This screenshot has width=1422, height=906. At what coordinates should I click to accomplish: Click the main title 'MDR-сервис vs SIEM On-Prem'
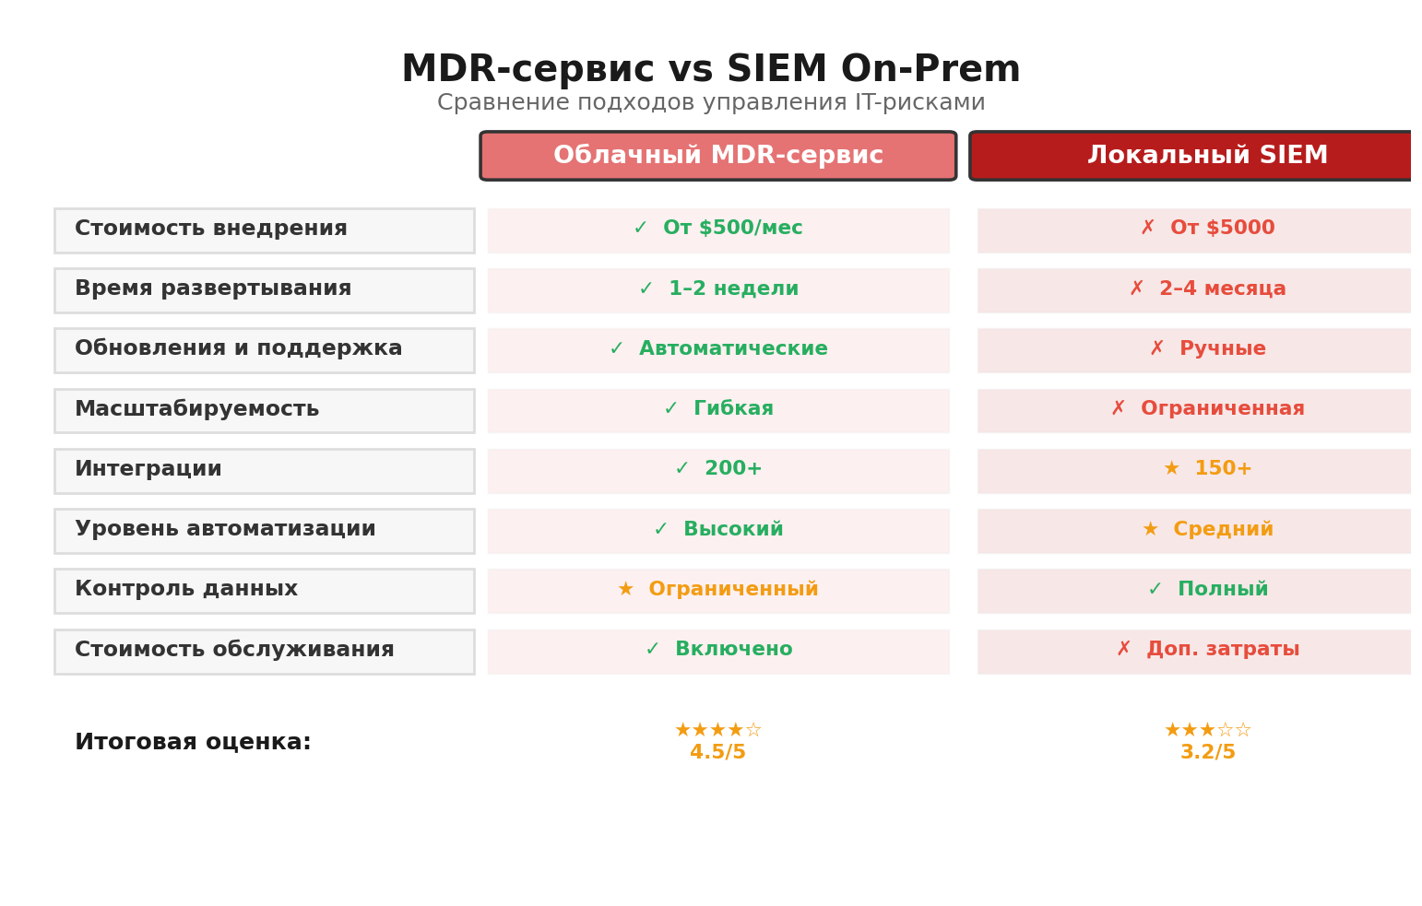710,70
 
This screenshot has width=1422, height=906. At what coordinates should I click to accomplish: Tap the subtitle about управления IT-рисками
710,103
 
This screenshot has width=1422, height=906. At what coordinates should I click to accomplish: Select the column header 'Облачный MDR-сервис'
717,156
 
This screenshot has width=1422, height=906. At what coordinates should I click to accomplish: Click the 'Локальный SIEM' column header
1206,156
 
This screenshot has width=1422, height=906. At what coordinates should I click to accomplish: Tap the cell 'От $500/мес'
718,229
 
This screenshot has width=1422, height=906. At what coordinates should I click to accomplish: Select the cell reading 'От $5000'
1207,229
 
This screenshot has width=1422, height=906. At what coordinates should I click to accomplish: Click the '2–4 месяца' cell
1207,289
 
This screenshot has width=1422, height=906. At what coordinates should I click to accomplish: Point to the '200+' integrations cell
718,470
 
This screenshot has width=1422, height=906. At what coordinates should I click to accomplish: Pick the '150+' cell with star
1207,470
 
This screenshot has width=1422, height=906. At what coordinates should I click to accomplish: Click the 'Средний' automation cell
1207,530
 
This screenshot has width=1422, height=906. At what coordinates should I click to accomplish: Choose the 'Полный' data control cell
1207,590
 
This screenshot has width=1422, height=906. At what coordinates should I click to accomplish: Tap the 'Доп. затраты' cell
1207,651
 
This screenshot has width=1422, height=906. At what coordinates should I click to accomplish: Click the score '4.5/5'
717,753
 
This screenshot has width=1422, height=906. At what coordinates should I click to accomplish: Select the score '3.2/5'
1207,753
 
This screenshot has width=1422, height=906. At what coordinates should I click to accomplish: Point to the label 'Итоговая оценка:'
193,743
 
